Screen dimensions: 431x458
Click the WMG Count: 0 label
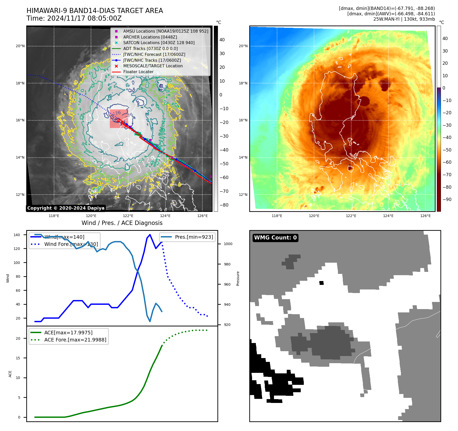tap(275, 238)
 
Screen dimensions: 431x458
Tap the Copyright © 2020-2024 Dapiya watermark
tap(66, 208)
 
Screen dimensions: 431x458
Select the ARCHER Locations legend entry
tap(150, 37)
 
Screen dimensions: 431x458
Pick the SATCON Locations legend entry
tap(159, 43)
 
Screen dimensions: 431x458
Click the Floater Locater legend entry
tap(138, 72)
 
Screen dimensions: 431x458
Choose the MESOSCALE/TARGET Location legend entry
tap(153, 66)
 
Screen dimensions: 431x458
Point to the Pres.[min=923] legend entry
tap(194, 237)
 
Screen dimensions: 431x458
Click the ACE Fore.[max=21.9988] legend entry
tap(75, 340)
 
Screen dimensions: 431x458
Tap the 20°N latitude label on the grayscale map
tap(20, 46)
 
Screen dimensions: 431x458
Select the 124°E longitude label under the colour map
tap(388, 216)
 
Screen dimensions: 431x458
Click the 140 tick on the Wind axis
tap(17, 235)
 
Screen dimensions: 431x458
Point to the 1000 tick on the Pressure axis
tap(228, 244)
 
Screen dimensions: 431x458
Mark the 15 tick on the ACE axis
tap(18, 358)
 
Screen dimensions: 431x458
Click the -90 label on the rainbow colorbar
tap(447, 199)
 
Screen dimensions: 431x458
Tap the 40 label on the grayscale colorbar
tap(222, 40)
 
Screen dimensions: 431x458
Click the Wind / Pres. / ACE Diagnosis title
tap(122, 223)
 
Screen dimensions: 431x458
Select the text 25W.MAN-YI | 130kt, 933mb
tap(404, 19)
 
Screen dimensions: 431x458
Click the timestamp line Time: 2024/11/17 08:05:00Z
tap(74, 18)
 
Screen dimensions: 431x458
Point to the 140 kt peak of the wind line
tap(150, 234)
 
